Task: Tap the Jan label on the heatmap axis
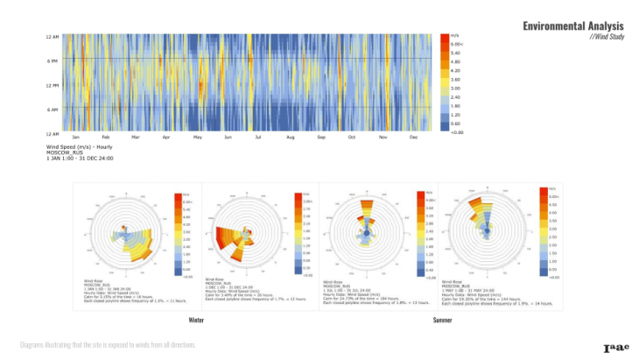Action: pyautogui.click(x=76, y=138)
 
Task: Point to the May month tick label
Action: pyautogui.click(x=197, y=138)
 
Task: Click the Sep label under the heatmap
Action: pyautogui.click(x=320, y=138)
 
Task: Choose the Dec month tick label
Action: pyautogui.click(x=412, y=138)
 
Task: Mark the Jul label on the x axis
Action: pyautogui.click(x=258, y=138)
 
